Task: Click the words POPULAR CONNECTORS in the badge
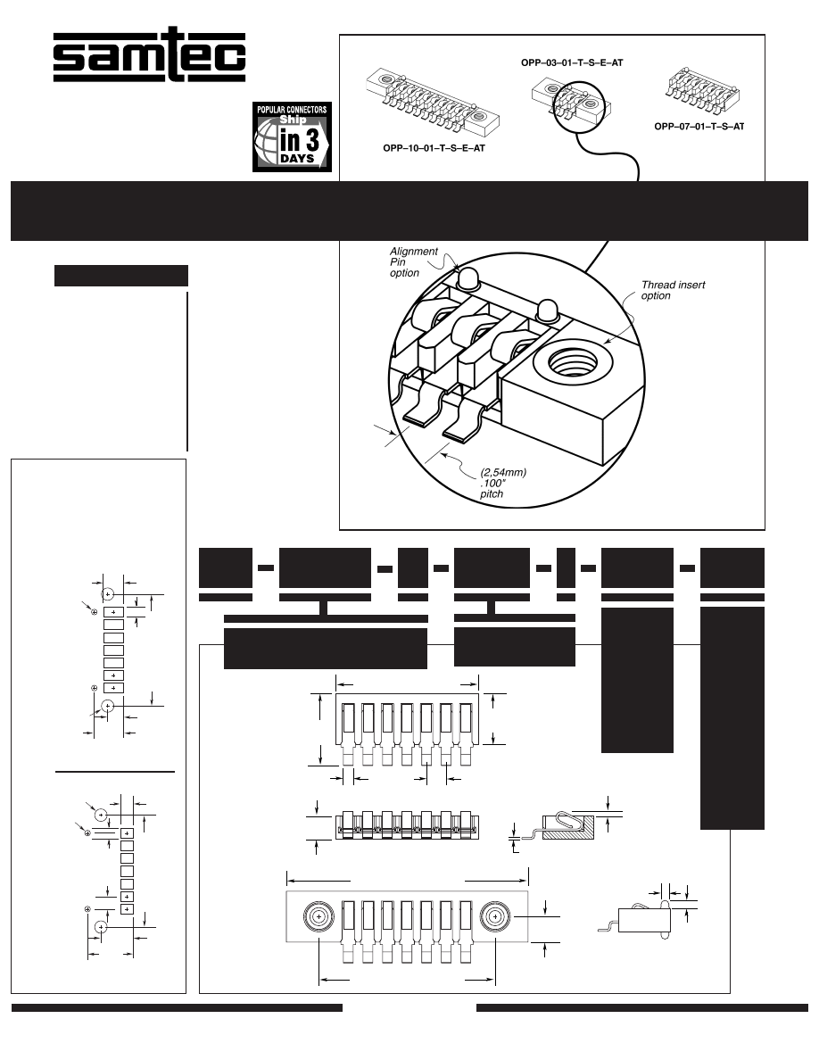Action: click(x=293, y=110)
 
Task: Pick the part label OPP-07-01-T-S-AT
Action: click(x=699, y=127)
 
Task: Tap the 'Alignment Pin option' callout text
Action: click(x=414, y=262)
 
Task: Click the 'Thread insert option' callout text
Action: click(x=673, y=291)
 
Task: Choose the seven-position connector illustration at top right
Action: click(x=703, y=93)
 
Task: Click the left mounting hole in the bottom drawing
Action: click(x=318, y=915)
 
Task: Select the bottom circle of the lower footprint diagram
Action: click(x=101, y=927)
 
